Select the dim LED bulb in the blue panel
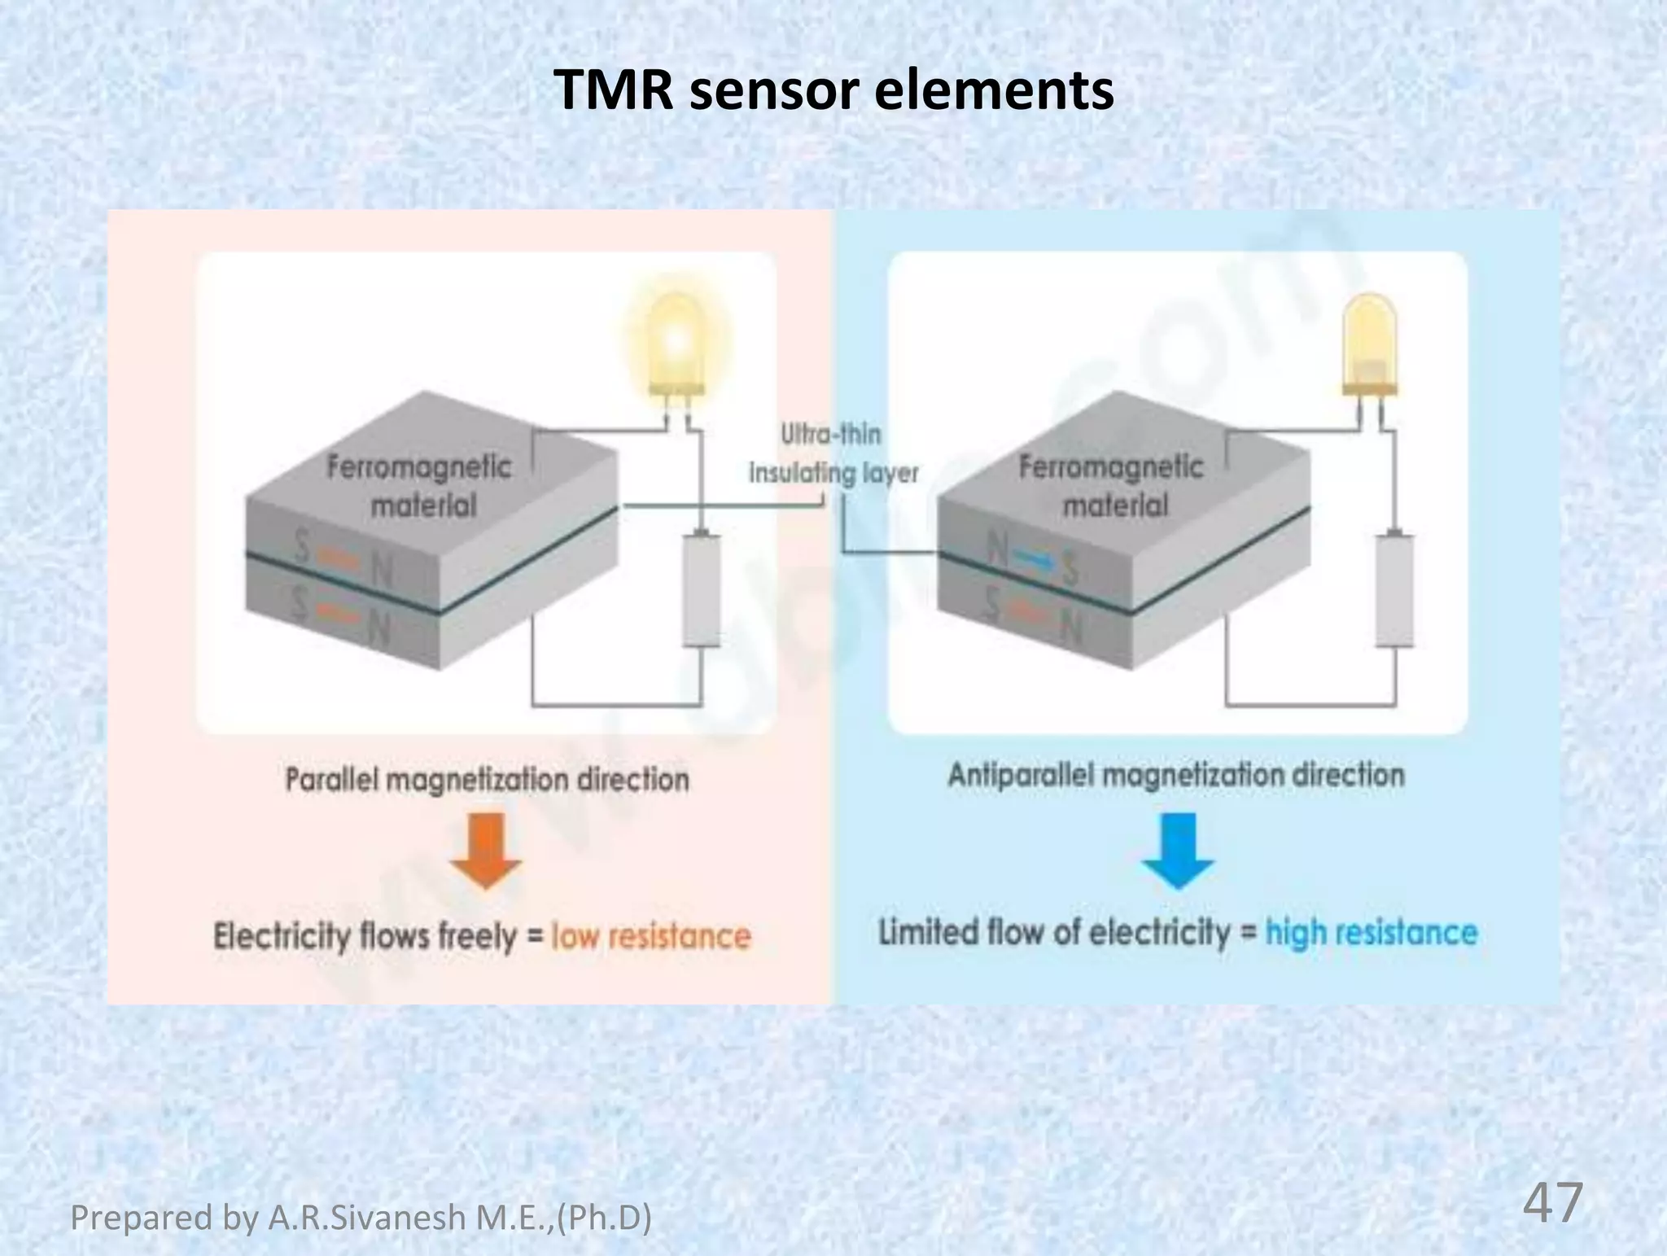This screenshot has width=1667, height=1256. [x=1370, y=346]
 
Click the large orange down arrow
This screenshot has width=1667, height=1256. [x=486, y=851]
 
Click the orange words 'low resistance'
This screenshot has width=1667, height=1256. [x=650, y=936]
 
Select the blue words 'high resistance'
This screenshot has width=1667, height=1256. [x=1371, y=933]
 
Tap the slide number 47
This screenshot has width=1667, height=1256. [x=1552, y=1203]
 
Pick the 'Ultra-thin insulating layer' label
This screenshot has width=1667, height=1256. [x=833, y=453]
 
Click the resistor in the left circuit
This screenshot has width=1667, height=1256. [x=701, y=590]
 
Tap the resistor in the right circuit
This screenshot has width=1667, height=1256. [x=1394, y=590]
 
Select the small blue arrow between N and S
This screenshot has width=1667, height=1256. [x=1035, y=558]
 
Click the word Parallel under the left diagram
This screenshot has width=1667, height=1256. [x=332, y=780]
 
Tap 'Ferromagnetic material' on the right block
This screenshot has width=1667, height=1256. [x=1112, y=486]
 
